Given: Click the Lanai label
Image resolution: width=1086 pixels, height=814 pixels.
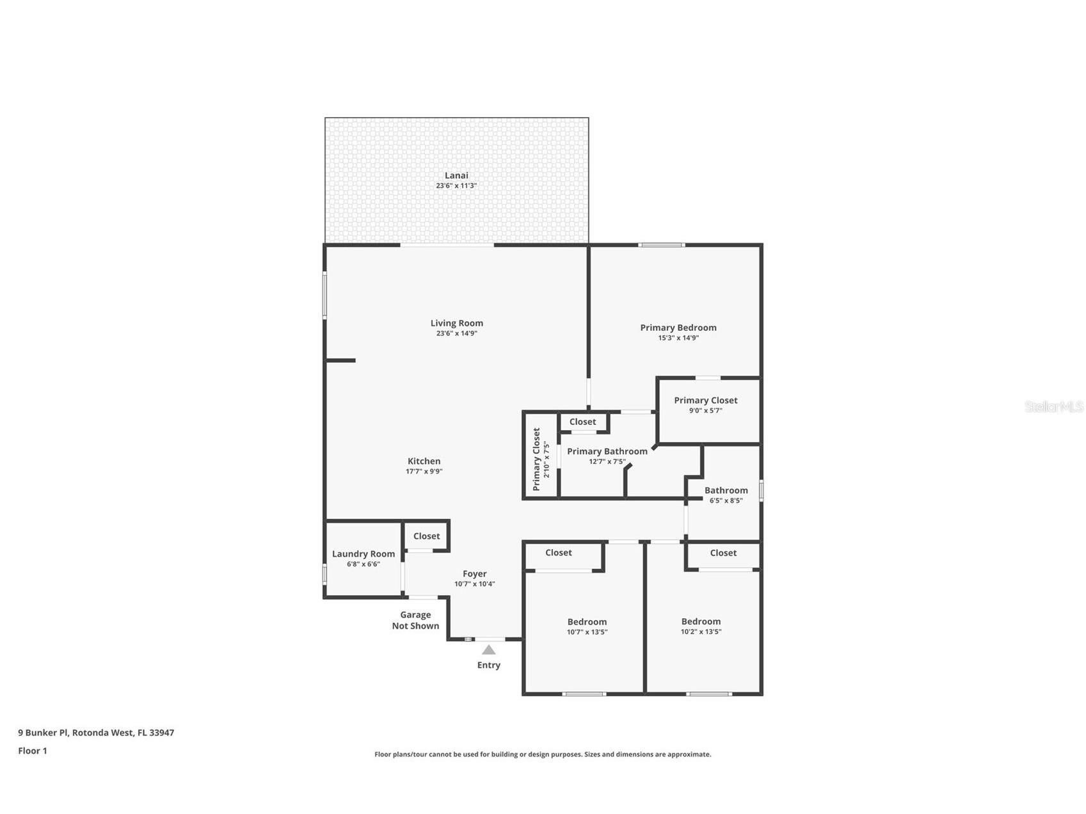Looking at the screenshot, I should [x=456, y=175].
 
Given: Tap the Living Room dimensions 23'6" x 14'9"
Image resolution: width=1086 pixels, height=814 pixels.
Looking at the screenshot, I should [x=456, y=333].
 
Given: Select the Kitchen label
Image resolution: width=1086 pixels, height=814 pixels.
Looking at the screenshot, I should [x=424, y=461].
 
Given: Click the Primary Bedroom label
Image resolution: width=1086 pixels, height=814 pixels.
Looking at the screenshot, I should [x=678, y=328].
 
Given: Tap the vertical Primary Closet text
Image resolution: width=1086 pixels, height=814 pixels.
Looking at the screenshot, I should [x=536, y=459].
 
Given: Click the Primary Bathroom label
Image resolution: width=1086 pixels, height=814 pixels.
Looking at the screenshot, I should [x=607, y=451].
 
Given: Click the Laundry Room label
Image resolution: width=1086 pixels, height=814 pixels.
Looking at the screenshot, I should [x=363, y=554].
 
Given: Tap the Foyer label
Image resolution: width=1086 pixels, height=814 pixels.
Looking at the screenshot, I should [x=474, y=574].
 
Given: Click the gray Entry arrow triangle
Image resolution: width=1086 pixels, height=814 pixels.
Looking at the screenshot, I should [x=488, y=650].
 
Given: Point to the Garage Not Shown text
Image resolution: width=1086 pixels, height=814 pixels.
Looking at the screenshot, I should [x=415, y=620].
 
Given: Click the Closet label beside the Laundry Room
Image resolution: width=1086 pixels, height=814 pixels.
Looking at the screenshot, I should [x=426, y=536].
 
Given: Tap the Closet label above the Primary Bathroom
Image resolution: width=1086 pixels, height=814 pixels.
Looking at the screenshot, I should [x=582, y=422].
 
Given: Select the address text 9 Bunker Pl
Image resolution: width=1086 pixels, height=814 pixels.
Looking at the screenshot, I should [x=96, y=733].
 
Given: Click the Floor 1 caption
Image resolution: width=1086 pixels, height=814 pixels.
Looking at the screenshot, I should [x=33, y=751].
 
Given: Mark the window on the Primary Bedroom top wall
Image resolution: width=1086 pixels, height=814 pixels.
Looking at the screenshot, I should [x=661, y=245].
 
